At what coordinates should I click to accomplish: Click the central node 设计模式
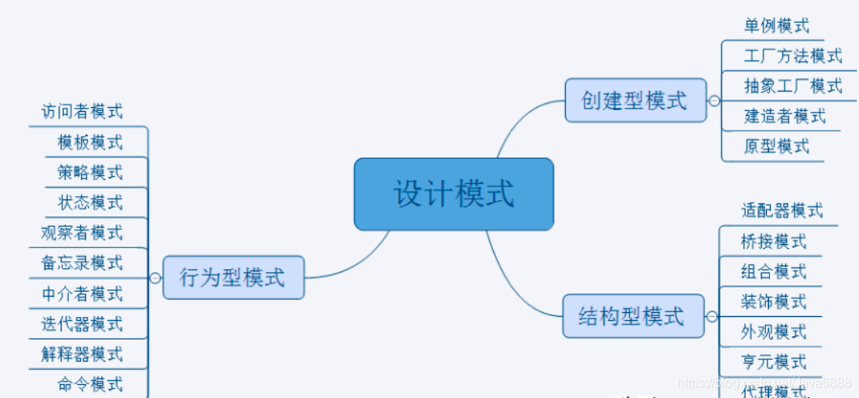pos(453,195)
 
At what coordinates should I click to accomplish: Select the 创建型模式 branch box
pos(635,101)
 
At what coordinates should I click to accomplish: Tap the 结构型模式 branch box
pos(632,316)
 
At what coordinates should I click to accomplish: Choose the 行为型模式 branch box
pos(233,277)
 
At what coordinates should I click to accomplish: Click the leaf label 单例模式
pos(776,26)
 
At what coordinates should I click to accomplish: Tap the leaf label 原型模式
pos(776,146)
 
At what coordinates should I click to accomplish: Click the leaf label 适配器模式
pos(781,211)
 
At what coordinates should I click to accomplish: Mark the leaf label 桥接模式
pos(773,241)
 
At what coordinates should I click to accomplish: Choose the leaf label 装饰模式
pos(773,302)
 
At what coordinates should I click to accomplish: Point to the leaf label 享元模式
pos(773,362)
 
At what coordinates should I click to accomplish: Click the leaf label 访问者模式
pos(82,112)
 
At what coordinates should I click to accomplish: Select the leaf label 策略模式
pos(90,172)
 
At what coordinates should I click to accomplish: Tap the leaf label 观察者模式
pos(82,233)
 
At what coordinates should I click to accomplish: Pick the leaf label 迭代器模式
pos(82,323)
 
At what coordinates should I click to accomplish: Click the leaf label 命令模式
pos(90,383)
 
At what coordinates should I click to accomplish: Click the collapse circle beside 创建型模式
pos(713,101)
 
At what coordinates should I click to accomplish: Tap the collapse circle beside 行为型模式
pos(155,277)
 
